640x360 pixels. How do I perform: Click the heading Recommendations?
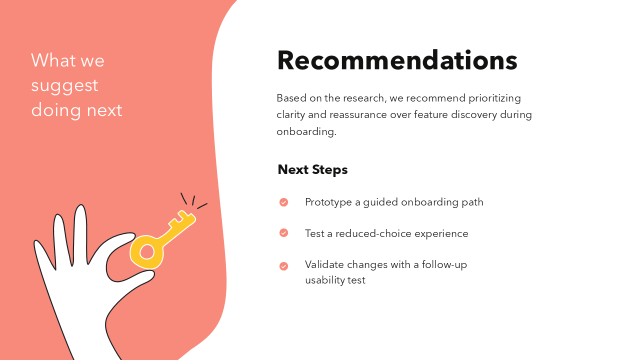[397, 60]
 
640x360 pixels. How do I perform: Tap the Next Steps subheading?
[312, 169]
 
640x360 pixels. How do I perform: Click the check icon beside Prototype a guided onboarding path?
[283, 202]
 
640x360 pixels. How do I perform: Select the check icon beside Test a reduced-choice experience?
[283, 233]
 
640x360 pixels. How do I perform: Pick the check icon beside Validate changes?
[283, 266]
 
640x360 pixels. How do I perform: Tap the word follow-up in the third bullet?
[444, 264]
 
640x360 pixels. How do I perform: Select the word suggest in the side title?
[64, 85]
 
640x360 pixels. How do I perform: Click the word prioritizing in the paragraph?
[494, 98]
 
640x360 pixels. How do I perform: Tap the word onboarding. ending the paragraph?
[306, 131]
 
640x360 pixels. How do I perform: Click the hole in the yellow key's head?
[146, 251]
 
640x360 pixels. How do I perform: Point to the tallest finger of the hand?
[80, 230]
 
